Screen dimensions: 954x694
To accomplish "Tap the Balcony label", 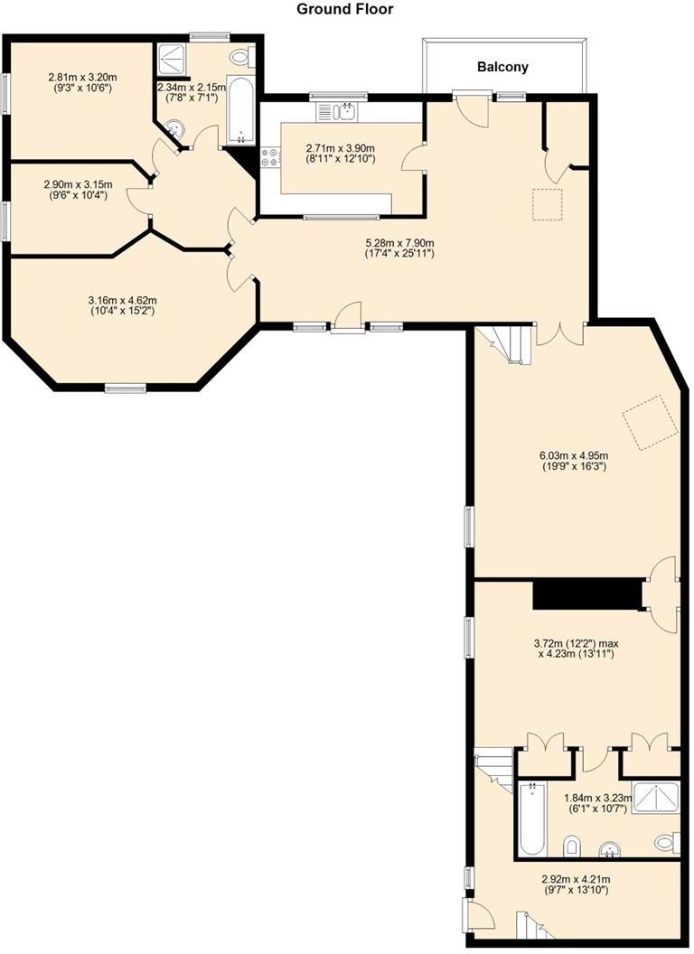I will pos(502,67).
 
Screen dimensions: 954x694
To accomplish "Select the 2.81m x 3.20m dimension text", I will pos(82,83).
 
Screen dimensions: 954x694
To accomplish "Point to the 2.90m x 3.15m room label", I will pos(76,189).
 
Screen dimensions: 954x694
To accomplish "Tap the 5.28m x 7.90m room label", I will pos(399,248).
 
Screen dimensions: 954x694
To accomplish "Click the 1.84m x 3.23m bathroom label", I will pos(597,804).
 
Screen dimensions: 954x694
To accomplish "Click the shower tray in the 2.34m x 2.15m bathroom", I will pos(170,60).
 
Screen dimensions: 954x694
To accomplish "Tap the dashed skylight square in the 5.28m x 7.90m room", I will pos(547,204).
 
